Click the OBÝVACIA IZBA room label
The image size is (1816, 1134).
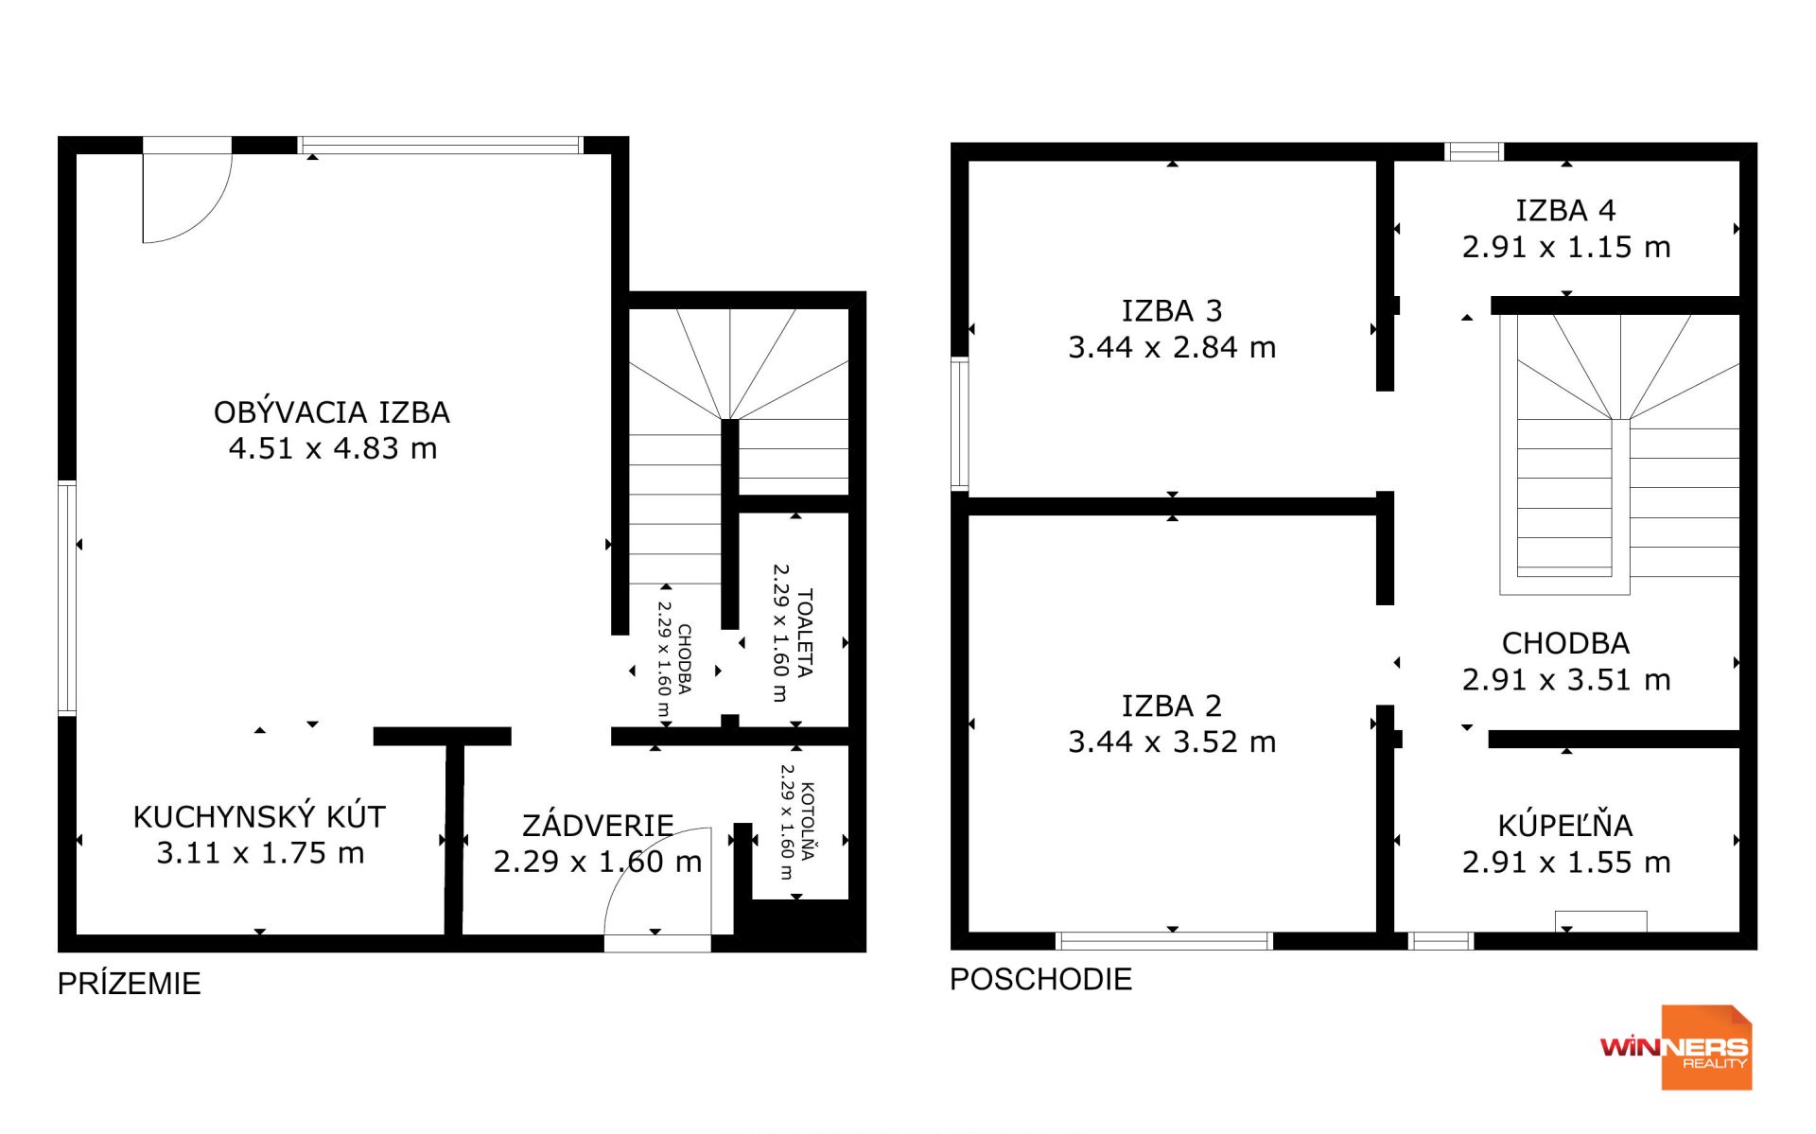pyautogui.click(x=331, y=411)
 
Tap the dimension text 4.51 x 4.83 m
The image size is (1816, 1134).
pyautogui.click(x=333, y=448)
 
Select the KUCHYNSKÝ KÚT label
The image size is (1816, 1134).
pyautogui.click(x=259, y=816)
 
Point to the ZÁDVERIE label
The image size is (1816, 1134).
pyautogui.click(x=598, y=825)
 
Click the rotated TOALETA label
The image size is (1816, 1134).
pyautogui.click(x=805, y=633)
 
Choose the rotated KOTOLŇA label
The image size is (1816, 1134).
pyautogui.click(x=807, y=821)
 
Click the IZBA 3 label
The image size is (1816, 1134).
pyautogui.click(x=1172, y=310)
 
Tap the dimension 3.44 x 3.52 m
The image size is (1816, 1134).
pyautogui.click(x=1172, y=741)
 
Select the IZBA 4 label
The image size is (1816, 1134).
pyautogui.click(x=1565, y=210)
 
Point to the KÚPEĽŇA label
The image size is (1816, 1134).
pyautogui.click(x=1565, y=825)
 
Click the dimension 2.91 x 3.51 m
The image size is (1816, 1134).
pyautogui.click(x=1566, y=679)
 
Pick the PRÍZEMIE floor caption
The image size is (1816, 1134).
pyautogui.click(x=130, y=984)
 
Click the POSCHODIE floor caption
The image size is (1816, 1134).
pyautogui.click(x=1040, y=979)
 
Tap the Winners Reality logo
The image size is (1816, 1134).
pyautogui.click(x=1676, y=1047)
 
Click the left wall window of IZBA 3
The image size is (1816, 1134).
pyautogui.click(x=959, y=424)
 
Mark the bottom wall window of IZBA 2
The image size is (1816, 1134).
pyautogui.click(x=1164, y=940)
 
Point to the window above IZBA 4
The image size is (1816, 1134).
pyautogui.click(x=1474, y=151)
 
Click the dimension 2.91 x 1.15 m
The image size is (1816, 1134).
pyautogui.click(x=1566, y=247)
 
